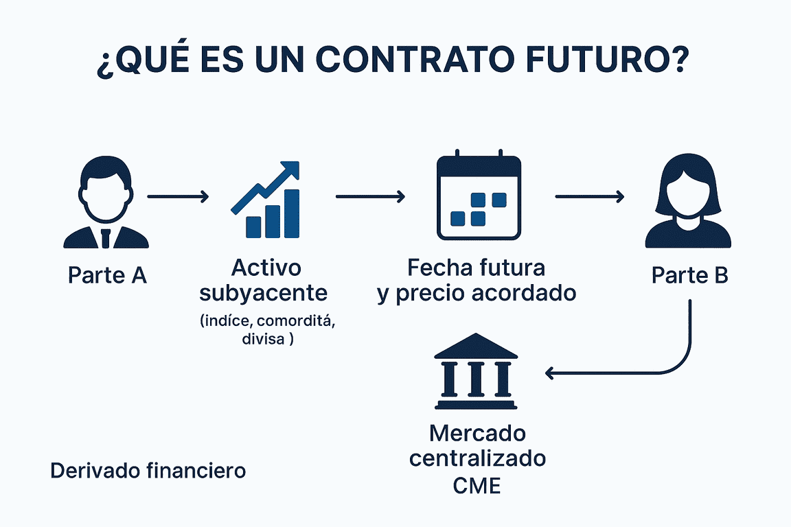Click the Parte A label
[107, 275]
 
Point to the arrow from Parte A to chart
[178, 198]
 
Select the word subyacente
[263, 293]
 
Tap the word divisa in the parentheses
[263, 339]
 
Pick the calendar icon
[479, 197]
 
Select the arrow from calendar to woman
[590, 198]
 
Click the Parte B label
[689, 275]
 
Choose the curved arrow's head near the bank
[549, 373]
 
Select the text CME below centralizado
[477, 486]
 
